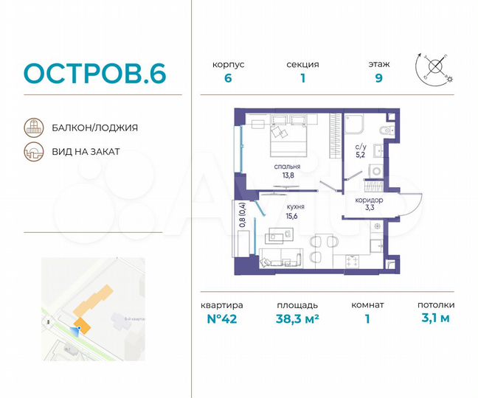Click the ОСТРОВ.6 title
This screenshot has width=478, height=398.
point(95,74)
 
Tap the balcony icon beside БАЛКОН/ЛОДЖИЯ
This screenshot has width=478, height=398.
point(33,127)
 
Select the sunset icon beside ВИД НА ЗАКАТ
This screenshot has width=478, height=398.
point(33,152)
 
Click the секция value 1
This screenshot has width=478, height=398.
point(302,80)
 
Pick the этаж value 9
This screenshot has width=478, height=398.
point(378,80)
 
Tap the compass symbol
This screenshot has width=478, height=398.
point(435,67)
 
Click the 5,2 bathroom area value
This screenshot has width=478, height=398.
point(361,156)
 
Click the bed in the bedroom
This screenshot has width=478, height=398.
point(288,137)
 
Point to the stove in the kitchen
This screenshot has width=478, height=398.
point(353,260)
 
